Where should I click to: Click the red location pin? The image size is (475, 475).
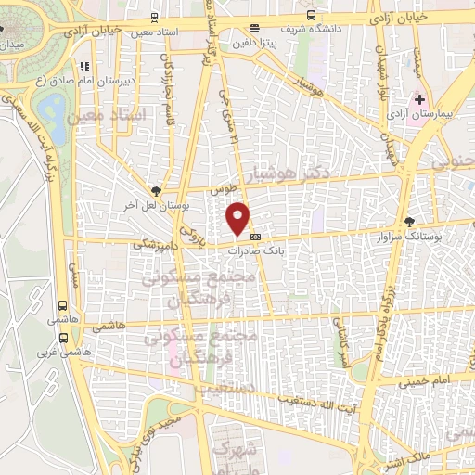239,218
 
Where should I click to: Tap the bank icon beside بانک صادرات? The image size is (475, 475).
255,236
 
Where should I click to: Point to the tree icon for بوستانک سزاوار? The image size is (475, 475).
410,221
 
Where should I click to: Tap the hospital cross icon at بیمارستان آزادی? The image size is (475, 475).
418,98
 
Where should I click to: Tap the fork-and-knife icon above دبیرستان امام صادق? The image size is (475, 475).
85,67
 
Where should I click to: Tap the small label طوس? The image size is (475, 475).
220,188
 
